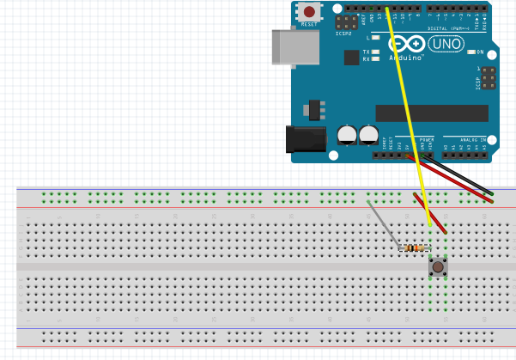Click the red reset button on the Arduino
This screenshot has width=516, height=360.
308,12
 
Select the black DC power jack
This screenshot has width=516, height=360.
306,141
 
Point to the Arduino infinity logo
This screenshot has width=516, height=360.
411,44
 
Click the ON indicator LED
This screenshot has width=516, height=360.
469,52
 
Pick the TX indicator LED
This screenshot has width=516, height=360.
376,52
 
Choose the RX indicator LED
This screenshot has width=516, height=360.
376,59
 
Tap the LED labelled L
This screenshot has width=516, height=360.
376,38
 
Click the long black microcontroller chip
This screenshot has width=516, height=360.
431,113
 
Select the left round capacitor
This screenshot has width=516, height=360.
347,134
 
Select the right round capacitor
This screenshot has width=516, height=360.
368,134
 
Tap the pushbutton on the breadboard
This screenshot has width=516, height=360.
438,268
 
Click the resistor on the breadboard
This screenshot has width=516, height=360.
416,248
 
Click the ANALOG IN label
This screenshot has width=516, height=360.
470,138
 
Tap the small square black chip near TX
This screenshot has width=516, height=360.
351,57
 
